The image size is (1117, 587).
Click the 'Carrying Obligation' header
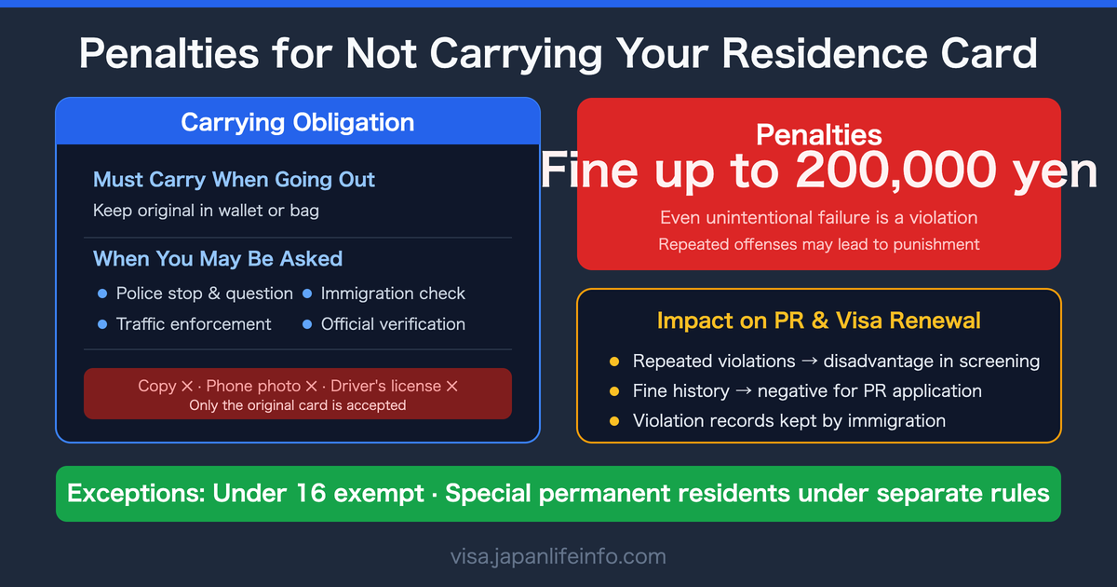pos(298,122)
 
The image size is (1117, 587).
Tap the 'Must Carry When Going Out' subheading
pos(234,180)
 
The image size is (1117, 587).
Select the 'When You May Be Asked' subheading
pos(218,259)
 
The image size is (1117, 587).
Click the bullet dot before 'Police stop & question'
pos(102,293)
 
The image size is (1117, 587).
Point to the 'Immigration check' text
pos(393,293)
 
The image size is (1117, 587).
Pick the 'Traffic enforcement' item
pos(194,324)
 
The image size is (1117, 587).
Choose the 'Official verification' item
pos(393,324)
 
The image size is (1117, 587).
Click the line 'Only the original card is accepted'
pos(298,405)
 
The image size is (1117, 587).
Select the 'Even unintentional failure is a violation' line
pos(819,218)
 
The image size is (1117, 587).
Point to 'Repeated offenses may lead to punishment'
pos(819,244)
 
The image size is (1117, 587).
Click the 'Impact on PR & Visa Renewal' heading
pos(819,321)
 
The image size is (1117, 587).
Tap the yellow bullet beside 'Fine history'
pos(614,391)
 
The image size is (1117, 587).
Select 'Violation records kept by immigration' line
pos(789,421)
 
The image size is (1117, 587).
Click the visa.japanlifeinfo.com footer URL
pos(558,557)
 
